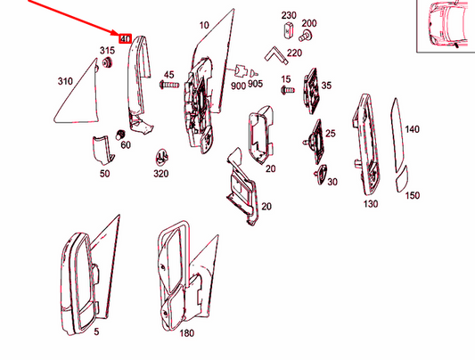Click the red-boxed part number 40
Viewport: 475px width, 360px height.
[x=125, y=38]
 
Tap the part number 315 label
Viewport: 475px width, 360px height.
[x=107, y=50]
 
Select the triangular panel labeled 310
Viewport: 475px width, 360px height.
[x=77, y=91]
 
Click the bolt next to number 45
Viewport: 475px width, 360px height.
[x=169, y=85]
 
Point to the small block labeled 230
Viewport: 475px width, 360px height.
[x=288, y=29]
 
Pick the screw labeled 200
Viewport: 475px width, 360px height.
[x=303, y=37]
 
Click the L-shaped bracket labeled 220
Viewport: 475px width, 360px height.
[x=276, y=55]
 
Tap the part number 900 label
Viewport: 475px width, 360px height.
[x=238, y=86]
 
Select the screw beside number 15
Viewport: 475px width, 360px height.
[x=288, y=90]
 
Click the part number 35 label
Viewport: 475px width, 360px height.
[x=326, y=86]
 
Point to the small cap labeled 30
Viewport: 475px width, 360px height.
[x=322, y=174]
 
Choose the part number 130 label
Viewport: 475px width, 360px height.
[x=371, y=204]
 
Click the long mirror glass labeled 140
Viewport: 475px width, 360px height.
[x=397, y=134]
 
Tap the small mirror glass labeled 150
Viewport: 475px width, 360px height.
[x=403, y=179]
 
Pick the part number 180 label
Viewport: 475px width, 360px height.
[x=186, y=333]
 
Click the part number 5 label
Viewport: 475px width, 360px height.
[x=96, y=331]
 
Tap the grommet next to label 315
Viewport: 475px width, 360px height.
[x=107, y=63]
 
